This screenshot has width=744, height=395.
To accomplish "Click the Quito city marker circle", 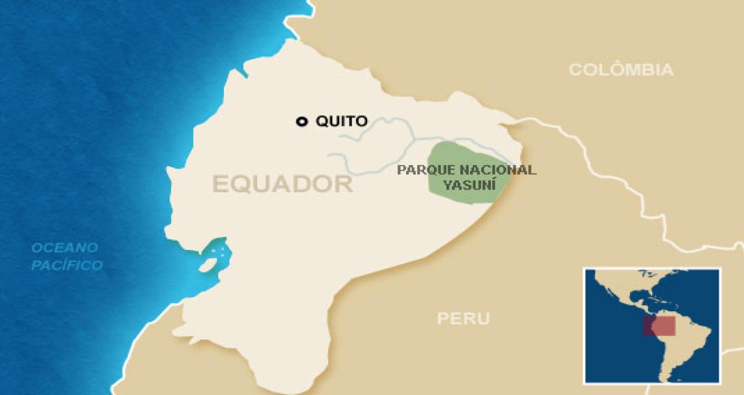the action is point(302,122).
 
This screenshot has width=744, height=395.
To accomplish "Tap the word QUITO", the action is point(342,122).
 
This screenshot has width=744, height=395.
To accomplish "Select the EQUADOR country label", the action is point(283,184).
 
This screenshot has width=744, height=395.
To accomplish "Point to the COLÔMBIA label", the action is point(621,70).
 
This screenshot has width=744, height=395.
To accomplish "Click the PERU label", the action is point(463,319).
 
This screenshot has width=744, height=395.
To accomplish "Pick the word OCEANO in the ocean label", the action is point(65,248).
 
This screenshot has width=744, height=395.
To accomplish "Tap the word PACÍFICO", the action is point(68,266).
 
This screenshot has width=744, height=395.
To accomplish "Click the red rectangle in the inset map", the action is point(658,326).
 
